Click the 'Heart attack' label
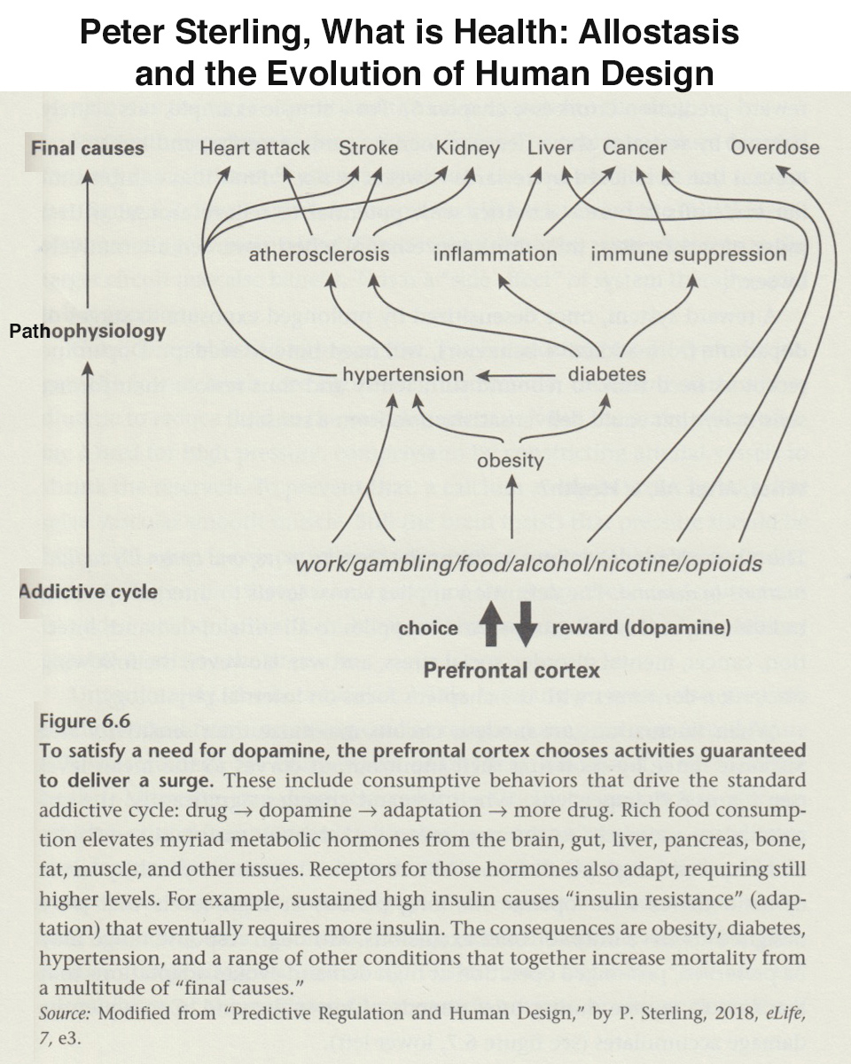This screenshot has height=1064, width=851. (x=254, y=148)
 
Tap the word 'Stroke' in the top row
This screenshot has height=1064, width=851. (x=369, y=148)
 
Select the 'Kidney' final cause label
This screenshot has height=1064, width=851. (x=468, y=149)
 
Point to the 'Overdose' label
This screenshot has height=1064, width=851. (x=775, y=148)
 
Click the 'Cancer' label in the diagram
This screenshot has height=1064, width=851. (x=635, y=148)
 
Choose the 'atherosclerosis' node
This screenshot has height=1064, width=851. (x=319, y=254)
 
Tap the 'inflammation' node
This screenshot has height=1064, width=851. (x=495, y=254)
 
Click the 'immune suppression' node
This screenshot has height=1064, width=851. (x=689, y=254)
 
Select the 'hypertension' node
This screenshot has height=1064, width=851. (x=403, y=375)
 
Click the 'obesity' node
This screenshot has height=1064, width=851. (x=511, y=461)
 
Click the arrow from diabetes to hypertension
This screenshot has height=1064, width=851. (x=515, y=376)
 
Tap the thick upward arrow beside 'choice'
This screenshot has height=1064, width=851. (x=490, y=623)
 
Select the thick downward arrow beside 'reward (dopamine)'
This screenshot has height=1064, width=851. (x=525, y=624)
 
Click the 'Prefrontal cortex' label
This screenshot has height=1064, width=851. (x=511, y=671)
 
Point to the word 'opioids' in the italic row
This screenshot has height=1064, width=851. (x=723, y=564)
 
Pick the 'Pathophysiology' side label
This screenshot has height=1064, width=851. (x=88, y=332)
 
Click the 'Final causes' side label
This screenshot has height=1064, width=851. (x=88, y=148)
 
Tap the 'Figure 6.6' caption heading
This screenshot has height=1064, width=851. (x=84, y=720)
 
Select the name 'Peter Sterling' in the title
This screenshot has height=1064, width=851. (x=195, y=33)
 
